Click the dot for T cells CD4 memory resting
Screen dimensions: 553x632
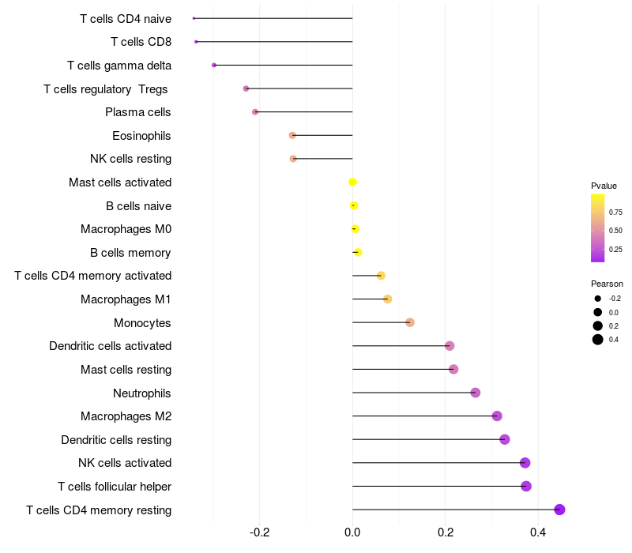(x=560, y=510)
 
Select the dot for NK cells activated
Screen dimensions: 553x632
(x=525, y=463)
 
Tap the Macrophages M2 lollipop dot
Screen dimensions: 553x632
(x=497, y=416)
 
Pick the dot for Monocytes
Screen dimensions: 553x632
(x=410, y=322)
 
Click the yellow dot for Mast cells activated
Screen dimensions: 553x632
(x=352, y=182)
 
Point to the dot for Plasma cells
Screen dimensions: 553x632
(x=255, y=112)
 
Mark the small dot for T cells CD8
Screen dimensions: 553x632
(x=196, y=41)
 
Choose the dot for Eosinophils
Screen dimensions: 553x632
(x=292, y=136)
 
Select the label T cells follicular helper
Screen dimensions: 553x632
(x=115, y=486)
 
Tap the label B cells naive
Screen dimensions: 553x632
(x=138, y=206)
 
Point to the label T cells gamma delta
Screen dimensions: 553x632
(x=119, y=66)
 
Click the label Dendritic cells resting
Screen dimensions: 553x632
(x=116, y=439)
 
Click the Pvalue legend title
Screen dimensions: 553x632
(x=604, y=186)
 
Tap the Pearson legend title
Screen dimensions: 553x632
(x=607, y=284)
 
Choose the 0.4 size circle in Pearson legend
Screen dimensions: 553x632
(x=598, y=340)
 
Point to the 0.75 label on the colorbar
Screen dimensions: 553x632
(x=615, y=212)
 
